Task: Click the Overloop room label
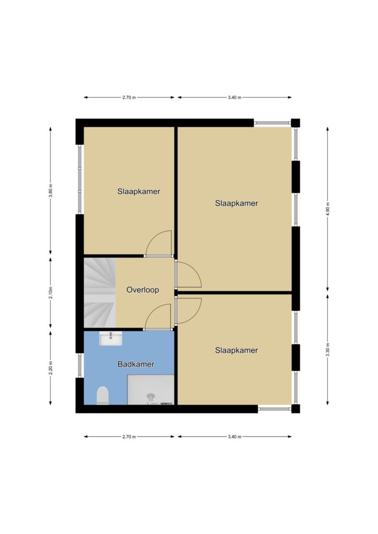(x=143, y=290)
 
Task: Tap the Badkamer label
(x=136, y=364)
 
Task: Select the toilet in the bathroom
(x=102, y=395)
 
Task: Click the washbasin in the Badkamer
(x=111, y=339)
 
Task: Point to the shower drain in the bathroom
(x=150, y=396)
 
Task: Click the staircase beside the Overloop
(x=100, y=293)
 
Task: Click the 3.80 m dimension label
(x=51, y=191)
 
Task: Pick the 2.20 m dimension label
(x=51, y=368)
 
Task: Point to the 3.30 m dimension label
(x=327, y=349)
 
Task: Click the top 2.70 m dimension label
(x=129, y=98)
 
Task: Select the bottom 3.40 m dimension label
(x=234, y=436)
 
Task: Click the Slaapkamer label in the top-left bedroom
(x=139, y=191)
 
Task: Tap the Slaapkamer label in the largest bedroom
(x=237, y=203)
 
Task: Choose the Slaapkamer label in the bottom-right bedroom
(x=236, y=350)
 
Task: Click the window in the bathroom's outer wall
(x=80, y=365)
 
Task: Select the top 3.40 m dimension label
(x=234, y=98)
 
